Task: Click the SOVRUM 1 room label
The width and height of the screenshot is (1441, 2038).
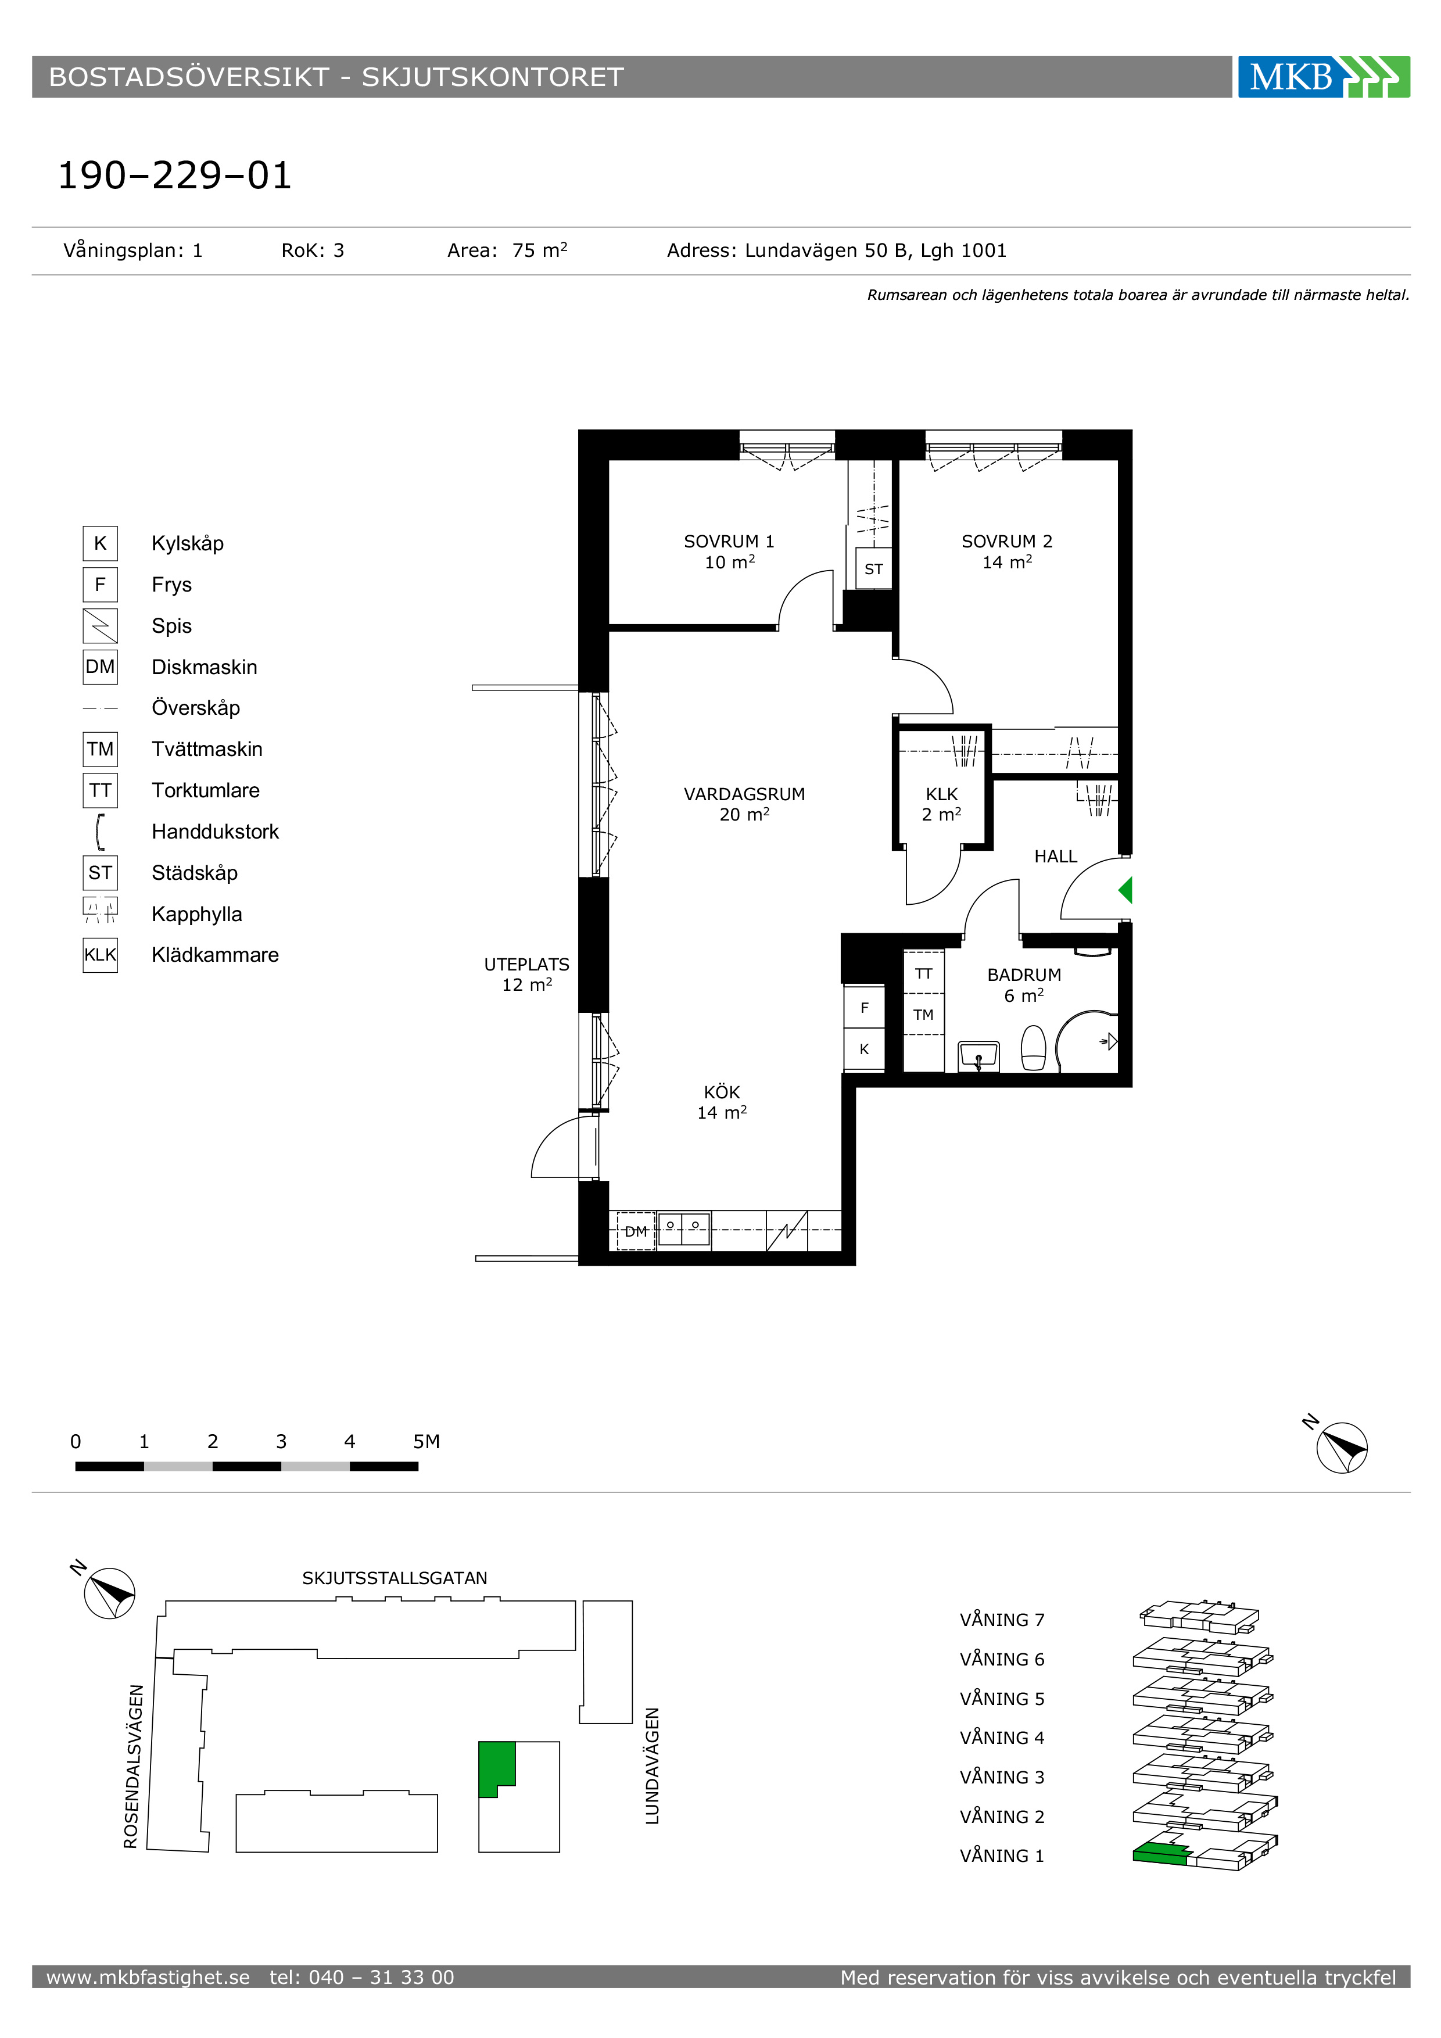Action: [729, 551]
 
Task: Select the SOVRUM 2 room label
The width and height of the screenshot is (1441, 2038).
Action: [1007, 551]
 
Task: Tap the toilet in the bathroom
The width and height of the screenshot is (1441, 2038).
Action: [1034, 1048]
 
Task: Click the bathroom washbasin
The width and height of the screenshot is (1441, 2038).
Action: [978, 1056]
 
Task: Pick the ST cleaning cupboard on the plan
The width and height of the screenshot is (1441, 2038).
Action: [874, 569]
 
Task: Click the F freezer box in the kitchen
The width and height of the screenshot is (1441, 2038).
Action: [864, 1008]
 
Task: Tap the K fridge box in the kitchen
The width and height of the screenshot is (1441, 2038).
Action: [864, 1049]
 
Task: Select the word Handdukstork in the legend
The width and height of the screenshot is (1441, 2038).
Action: [215, 832]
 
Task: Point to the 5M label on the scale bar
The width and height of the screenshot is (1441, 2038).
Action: [426, 1442]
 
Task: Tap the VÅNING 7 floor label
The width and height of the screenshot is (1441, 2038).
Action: [1002, 1620]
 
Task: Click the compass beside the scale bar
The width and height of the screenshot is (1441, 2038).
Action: [1340, 1448]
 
